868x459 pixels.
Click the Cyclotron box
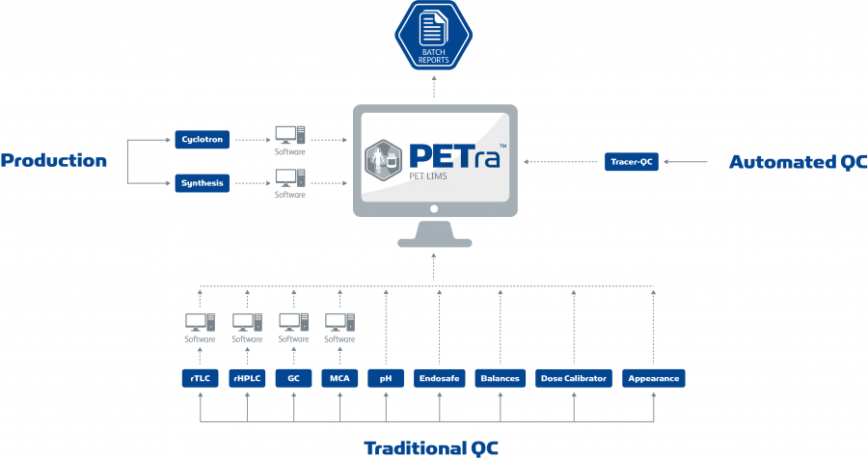[x=202, y=140]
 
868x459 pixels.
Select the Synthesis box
[x=202, y=182]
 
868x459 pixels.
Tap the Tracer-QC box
[x=633, y=162]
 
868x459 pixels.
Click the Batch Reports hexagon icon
[x=433, y=38]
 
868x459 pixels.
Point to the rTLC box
[x=200, y=379]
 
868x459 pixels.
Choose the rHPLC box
[x=247, y=379]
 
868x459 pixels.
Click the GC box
[x=293, y=379]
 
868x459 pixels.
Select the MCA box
[x=339, y=379]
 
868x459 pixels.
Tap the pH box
[x=386, y=379]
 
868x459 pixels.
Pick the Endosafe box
[x=439, y=379]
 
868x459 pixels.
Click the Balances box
[x=501, y=379]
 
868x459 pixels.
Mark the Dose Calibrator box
[x=574, y=379]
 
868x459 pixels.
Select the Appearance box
[x=653, y=379]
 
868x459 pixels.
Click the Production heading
[x=53, y=161]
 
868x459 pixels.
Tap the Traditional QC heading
[x=431, y=446]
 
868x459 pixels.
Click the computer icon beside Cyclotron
[x=289, y=136]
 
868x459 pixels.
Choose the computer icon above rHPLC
[x=247, y=322]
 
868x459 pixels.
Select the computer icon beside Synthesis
[x=289, y=178]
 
